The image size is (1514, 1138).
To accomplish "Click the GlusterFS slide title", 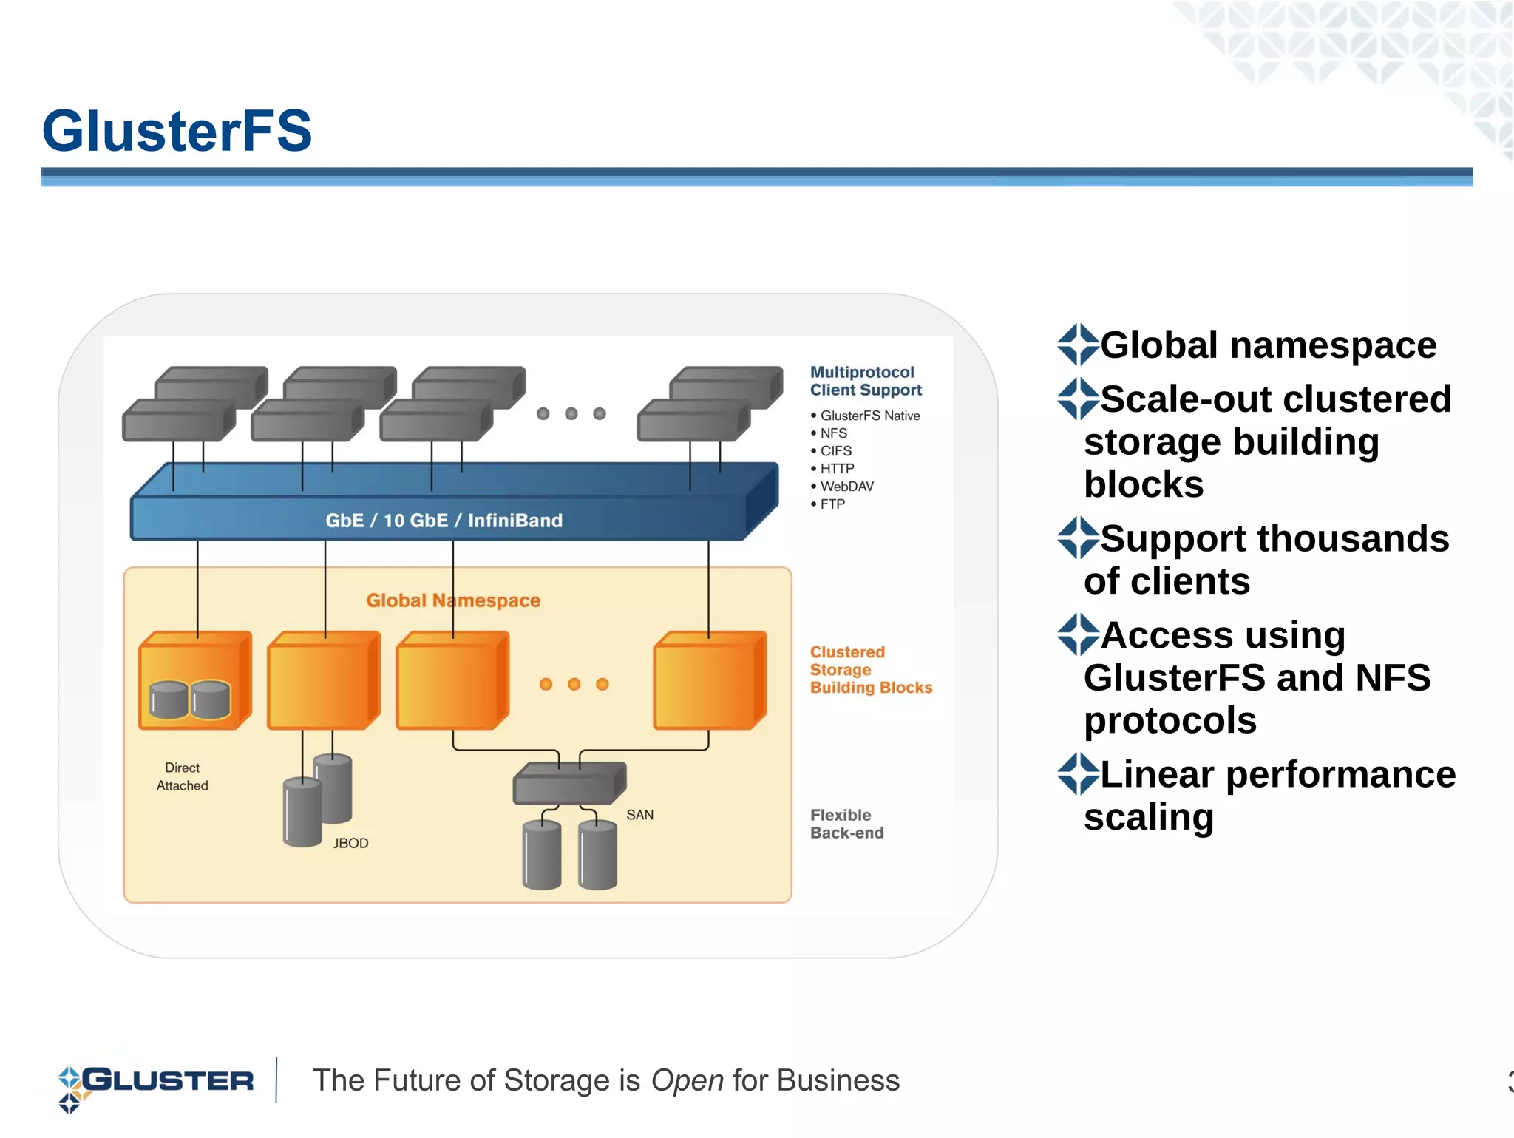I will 177,132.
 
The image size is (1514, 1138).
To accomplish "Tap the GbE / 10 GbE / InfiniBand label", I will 444,521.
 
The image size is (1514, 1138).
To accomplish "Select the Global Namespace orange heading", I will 453,600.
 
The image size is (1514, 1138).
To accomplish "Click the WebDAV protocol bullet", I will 846,487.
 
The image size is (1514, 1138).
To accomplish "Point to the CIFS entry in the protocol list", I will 835,451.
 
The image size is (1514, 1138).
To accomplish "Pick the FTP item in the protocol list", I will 832,504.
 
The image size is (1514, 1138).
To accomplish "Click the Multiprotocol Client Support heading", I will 865,381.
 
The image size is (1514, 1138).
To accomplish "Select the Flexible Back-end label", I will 846,824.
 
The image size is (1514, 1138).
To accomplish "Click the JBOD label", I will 350,844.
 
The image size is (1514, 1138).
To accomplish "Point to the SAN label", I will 639,815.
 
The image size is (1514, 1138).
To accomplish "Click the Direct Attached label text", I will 182,777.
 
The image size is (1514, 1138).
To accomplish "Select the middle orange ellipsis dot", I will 574,685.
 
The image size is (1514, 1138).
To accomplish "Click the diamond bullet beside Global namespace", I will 1077,345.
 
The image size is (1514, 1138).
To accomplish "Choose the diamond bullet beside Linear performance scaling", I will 1077,774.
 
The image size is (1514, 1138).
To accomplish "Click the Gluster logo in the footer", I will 155,1083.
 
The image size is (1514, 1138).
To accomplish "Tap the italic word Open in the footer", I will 687,1081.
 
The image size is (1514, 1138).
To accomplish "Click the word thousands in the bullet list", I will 1352,538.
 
